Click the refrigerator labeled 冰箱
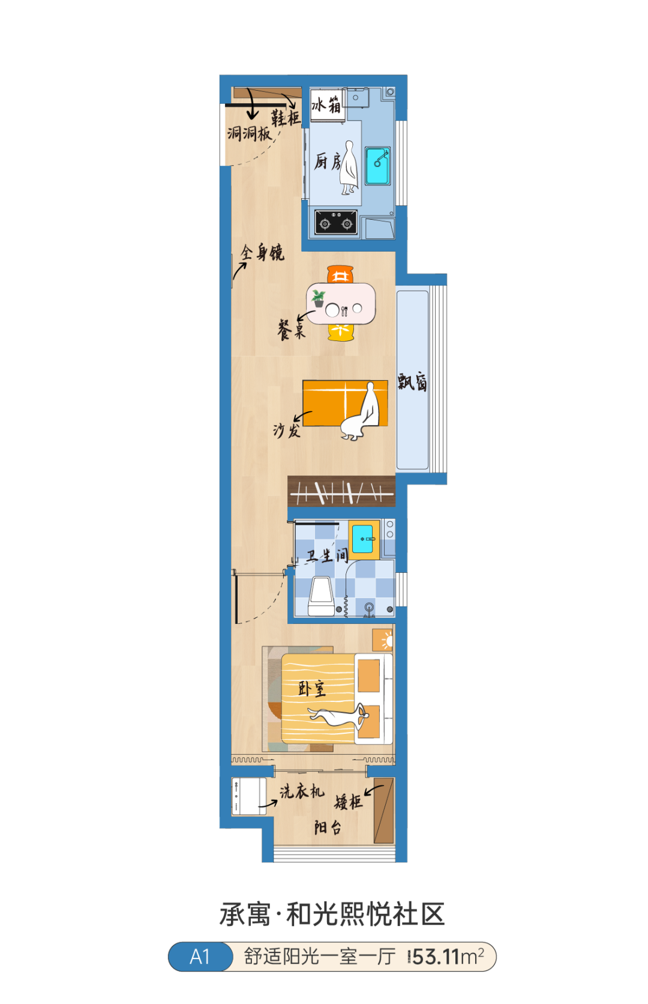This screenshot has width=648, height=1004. [x=328, y=104]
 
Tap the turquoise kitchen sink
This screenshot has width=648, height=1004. [x=377, y=166]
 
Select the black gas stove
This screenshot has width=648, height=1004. [x=336, y=222]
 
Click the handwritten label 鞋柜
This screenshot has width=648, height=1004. [x=285, y=118]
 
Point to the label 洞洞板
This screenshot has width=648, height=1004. [x=249, y=133]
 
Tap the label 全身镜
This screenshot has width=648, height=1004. [x=262, y=253]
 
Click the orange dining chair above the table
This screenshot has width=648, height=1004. [x=340, y=274]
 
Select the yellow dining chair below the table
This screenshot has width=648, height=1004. [x=341, y=332]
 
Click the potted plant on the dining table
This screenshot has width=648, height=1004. [x=319, y=298]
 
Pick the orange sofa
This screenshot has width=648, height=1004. [x=345, y=403]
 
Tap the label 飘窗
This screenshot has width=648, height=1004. [x=412, y=382]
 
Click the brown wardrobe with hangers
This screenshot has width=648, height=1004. [x=341, y=491]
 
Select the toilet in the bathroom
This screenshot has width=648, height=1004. [x=321, y=596]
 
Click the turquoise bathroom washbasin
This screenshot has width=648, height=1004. [x=363, y=539]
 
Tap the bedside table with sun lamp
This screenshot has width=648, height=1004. [x=382, y=640]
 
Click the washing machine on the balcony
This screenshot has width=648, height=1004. [x=249, y=796]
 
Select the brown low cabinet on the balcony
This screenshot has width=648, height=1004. [x=384, y=811]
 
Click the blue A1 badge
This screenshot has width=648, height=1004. [x=200, y=957]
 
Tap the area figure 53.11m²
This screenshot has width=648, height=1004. [x=448, y=957]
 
